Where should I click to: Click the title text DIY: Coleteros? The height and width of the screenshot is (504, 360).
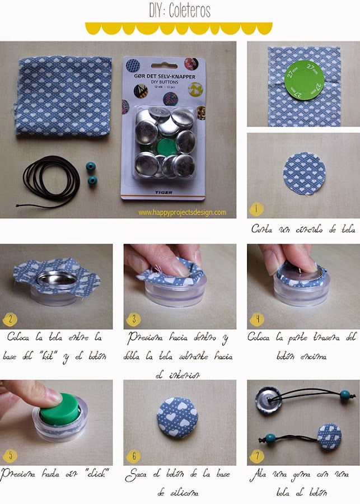tap(179, 11)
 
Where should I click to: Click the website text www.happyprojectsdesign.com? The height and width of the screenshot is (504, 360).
tap(182, 212)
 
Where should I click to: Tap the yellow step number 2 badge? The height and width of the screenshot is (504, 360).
tap(10, 320)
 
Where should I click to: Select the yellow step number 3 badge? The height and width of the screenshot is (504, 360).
tap(133, 320)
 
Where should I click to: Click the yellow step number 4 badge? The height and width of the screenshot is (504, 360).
tap(256, 320)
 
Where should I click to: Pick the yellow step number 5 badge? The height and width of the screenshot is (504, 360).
tap(10, 456)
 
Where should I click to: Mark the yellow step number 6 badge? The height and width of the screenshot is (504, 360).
tap(133, 456)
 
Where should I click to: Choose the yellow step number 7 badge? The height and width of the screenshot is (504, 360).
tap(256, 456)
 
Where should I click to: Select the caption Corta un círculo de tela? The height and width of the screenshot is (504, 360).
tap(303, 229)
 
